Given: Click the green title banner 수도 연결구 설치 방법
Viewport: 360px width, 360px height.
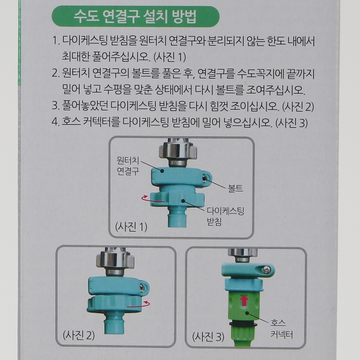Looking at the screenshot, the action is (x=136, y=17).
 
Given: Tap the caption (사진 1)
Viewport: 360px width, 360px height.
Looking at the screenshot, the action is (x=131, y=227).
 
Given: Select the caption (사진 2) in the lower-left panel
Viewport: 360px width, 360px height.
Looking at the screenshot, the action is (x=79, y=335).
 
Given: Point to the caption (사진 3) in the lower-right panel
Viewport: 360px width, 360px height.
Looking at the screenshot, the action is (x=208, y=337).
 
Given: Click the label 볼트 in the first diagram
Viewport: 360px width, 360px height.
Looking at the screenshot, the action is (x=235, y=188).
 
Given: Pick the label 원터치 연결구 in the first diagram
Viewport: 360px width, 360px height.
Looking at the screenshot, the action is (x=128, y=166).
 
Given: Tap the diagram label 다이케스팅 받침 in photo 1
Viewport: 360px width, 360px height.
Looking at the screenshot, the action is (x=225, y=216).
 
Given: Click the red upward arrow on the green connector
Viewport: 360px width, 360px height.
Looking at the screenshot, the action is (x=244, y=300).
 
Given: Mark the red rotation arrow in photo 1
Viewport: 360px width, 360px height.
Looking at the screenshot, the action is (x=152, y=200).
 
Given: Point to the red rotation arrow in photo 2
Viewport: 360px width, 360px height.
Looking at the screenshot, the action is (x=139, y=304).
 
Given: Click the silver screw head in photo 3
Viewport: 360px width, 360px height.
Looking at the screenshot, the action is (x=266, y=270).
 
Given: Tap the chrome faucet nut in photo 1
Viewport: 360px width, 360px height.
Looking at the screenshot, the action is (x=178, y=151).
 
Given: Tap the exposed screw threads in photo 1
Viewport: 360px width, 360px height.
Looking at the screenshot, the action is (x=178, y=189).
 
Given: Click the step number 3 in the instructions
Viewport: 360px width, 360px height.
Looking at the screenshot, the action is (x=55, y=106).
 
